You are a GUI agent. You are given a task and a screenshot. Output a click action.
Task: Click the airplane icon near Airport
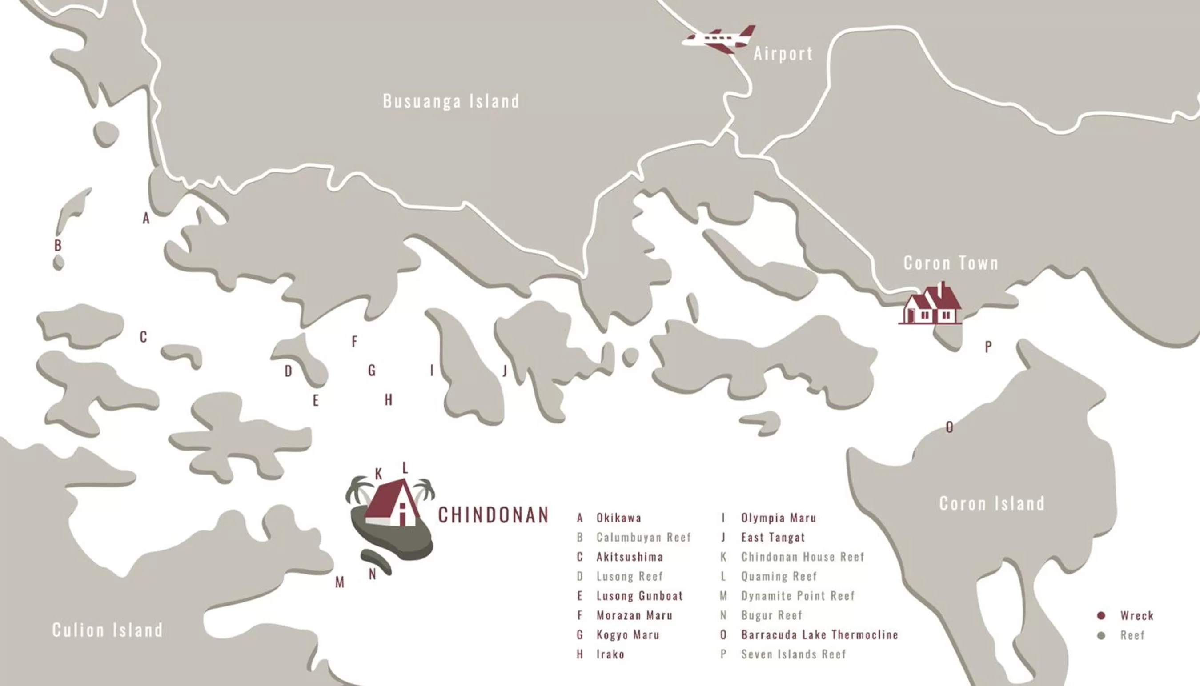click(x=718, y=39)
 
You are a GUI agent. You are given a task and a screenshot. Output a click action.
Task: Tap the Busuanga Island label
click(x=451, y=101)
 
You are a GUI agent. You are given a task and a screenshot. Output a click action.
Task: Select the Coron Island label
click(x=991, y=504)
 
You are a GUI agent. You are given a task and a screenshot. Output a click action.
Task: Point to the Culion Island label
click(x=108, y=630)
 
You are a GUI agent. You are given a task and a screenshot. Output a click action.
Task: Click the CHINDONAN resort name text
click(x=494, y=515)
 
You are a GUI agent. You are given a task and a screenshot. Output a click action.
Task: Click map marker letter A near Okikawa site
click(x=146, y=219)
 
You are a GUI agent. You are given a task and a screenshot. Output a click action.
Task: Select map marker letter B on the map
click(x=57, y=245)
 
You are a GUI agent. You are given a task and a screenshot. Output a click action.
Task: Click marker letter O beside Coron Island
click(x=949, y=427)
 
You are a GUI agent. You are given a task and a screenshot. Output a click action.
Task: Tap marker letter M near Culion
click(x=340, y=583)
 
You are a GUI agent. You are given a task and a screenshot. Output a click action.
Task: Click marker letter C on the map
click(x=143, y=337)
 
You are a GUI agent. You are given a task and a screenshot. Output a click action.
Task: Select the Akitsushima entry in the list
click(x=630, y=557)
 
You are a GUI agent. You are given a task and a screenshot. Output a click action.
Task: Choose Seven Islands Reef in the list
click(x=794, y=654)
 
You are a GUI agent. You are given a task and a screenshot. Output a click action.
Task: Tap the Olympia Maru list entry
click(x=778, y=518)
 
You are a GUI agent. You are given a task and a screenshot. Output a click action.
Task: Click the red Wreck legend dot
click(x=1101, y=616)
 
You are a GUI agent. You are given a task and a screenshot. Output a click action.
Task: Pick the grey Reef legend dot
click(x=1101, y=636)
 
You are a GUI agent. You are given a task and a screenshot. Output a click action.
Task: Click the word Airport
click(x=783, y=54)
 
